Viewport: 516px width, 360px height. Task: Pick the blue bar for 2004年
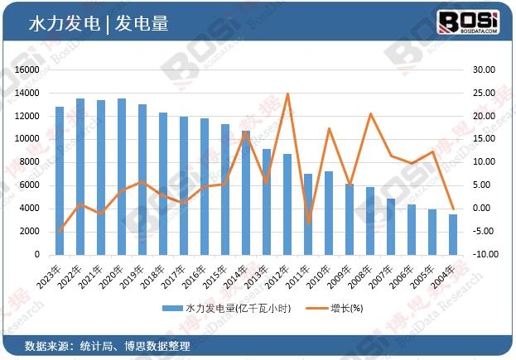pyautogui.click(x=452, y=234)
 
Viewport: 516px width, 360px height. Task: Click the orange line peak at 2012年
pyautogui.click(x=287, y=94)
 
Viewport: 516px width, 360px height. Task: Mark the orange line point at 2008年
pyautogui.click(x=370, y=113)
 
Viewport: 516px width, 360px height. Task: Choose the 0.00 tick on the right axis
pyautogui.click(x=485, y=209)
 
